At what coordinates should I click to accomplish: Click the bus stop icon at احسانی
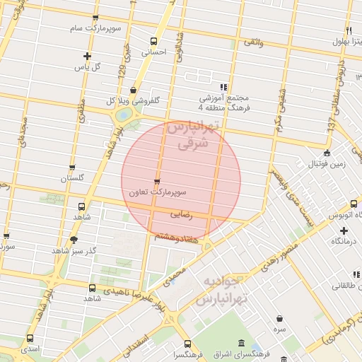click(155, 40)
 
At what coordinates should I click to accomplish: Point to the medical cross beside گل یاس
click(87, 56)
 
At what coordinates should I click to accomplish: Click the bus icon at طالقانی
click(341, 273)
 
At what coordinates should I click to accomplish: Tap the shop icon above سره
click(281, 318)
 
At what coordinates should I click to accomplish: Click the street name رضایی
click(181, 211)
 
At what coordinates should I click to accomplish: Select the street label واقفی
click(253, 44)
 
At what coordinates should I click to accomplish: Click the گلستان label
click(72, 178)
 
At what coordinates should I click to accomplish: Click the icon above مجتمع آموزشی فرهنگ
click(225, 86)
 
